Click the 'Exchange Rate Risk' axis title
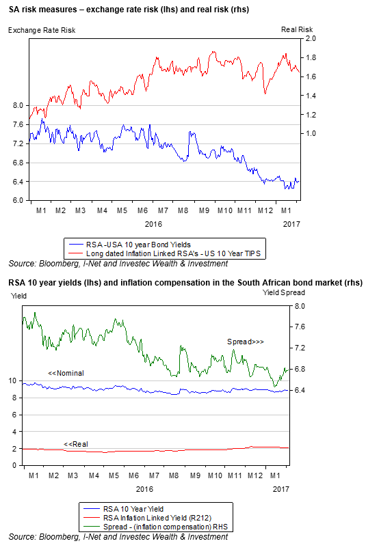coord(42,30)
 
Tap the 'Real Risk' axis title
coord(297,29)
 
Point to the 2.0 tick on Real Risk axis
coord(311,38)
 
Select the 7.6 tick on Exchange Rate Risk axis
coord(18,124)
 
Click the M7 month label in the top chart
coord(163,210)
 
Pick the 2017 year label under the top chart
coord(291,224)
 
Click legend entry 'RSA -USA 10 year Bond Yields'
coord(138,245)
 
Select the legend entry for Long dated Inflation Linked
coord(173,253)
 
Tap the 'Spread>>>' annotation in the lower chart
coord(246,342)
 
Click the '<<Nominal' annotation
coord(66,373)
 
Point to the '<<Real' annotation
coord(76,444)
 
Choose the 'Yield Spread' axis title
coord(283,292)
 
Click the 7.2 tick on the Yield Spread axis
coord(300,348)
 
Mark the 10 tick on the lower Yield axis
coord(12,380)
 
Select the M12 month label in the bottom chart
coord(255,475)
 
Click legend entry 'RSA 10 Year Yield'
coord(133,509)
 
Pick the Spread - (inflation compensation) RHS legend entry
coord(166,527)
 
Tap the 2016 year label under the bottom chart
coord(144,489)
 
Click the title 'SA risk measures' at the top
coord(43,10)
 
